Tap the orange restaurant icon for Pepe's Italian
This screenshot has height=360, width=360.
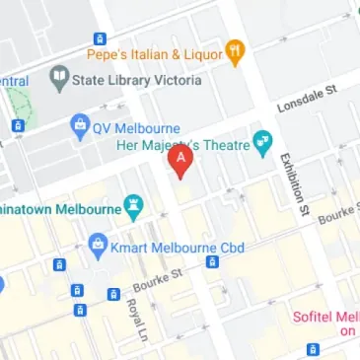pyautogui.click(x=235, y=52)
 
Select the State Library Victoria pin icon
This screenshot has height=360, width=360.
pyautogui.click(x=58, y=80)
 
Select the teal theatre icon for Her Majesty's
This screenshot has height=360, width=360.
pyautogui.click(x=262, y=144)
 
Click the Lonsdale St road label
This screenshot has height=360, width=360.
pyautogui.click(x=307, y=100)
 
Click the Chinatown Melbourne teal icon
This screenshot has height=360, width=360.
pyautogui.click(x=133, y=206)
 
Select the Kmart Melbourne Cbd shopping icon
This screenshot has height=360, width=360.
pyautogui.click(x=97, y=243)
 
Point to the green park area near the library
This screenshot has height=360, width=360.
pyautogui.click(x=19, y=105)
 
